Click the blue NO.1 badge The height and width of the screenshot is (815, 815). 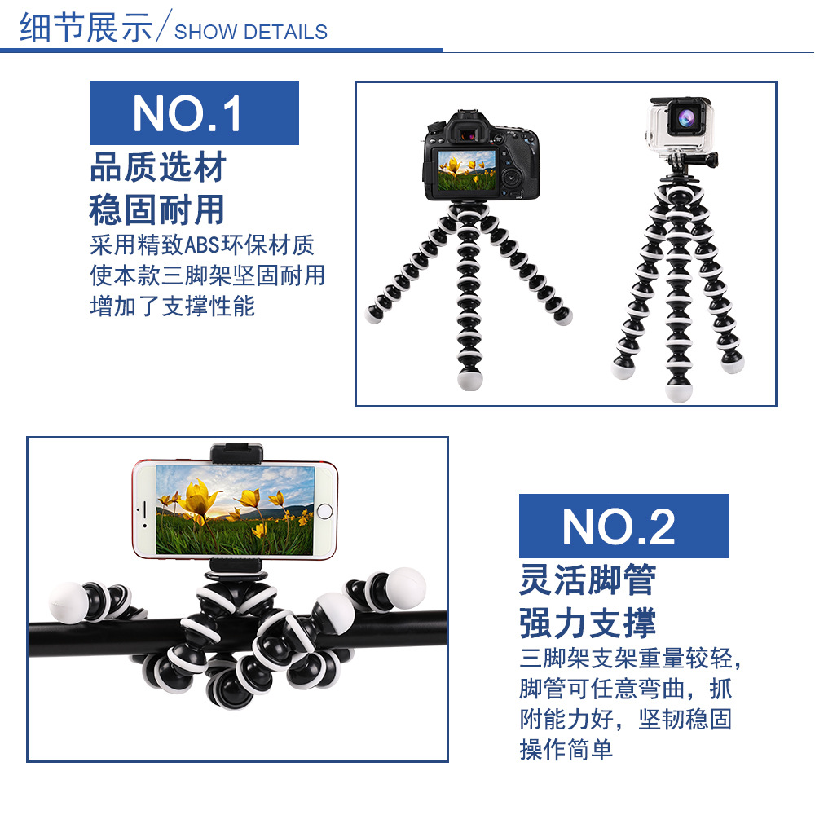click(x=194, y=113)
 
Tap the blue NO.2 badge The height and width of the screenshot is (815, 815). click(x=623, y=526)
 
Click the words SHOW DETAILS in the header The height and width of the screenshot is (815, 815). click(x=251, y=33)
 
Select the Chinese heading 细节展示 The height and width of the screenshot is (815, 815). click(x=86, y=29)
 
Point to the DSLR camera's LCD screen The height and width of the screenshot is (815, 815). click(x=470, y=170)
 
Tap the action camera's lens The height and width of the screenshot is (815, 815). click(x=683, y=118)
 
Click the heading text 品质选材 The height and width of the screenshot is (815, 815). click(x=157, y=168)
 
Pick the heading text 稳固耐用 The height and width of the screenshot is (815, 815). click(x=157, y=209)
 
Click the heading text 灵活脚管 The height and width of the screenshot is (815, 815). click(x=588, y=580)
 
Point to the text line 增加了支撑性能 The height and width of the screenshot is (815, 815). click(x=172, y=306)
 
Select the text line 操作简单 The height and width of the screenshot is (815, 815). click(x=566, y=749)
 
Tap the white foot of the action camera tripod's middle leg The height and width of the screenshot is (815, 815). click(x=678, y=391)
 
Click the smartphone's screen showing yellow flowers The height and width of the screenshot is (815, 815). click(x=235, y=510)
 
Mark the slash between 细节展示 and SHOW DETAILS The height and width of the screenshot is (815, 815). click(x=163, y=29)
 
